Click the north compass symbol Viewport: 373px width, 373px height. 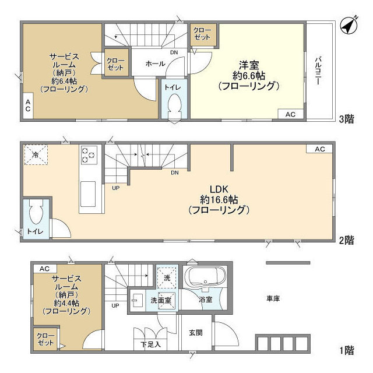coord(349,26)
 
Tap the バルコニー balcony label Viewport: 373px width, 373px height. coord(318,71)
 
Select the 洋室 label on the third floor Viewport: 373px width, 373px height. coord(249,65)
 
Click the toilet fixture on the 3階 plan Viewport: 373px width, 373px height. coord(174,106)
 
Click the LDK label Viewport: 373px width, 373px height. coord(219,189)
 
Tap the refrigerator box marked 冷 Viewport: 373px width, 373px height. coord(36,155)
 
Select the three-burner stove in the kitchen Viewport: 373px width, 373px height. coord(89,155)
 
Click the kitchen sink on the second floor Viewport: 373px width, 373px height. coord(88,194)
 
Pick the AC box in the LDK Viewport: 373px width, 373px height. coord(319,149)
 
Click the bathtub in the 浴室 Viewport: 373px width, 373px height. coord(206,277)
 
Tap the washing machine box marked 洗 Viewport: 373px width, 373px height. coord(167,278)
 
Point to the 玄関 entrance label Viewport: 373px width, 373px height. coord(196,332)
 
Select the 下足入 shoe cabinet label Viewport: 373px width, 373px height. coord(150,344)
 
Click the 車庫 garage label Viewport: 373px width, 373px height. coord(273,298)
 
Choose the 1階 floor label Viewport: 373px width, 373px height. coord(347,350)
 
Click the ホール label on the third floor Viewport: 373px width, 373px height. coord(156,64)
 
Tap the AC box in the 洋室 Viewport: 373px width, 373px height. coord(290,114)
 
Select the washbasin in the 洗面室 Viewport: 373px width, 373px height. coord(137,300)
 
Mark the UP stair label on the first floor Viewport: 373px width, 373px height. coord(115,305)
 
